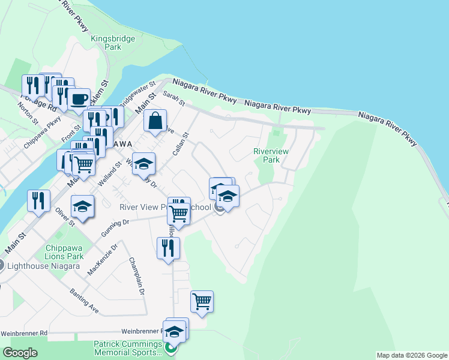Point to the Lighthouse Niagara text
pyautogui.click(x=37, y=266)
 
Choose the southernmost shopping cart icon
pyautogui.click(x=202, y=301)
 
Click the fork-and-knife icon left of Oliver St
pyautogui.click(x=38, y=200)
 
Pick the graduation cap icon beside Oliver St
pyautogui.click(x=82, y=208)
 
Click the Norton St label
pyautogui.click(x=28, y=113)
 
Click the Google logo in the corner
pyautogui.click(x=20, y=353)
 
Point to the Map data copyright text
pyautogui.click(x=412, y=355)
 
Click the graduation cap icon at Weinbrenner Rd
pyautogui.click(x=175, y=331)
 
